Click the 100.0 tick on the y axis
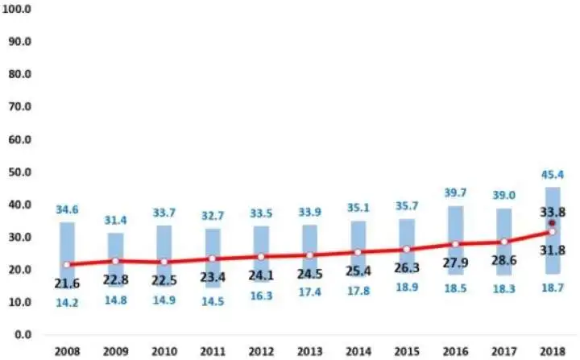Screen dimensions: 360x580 point(18,9)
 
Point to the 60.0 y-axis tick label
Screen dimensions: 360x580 point(18,139)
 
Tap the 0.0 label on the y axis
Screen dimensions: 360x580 point(21,334)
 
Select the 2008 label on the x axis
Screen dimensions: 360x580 point(68,351)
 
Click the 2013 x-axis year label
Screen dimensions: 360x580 point(309,351)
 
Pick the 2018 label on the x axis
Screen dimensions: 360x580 point(553,351)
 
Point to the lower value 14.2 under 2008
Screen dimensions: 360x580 point(68,303)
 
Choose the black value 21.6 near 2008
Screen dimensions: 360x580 point(68,283)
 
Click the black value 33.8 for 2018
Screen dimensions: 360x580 point(553,210)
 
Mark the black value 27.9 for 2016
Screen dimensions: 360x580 point(455,264)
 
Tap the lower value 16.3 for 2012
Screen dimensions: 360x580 point(261,296)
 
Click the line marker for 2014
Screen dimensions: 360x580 point(358,252)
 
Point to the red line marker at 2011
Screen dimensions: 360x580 point(213,259)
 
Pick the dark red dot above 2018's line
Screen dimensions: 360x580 point(552,223)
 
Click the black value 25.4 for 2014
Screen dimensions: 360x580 point(358,272)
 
